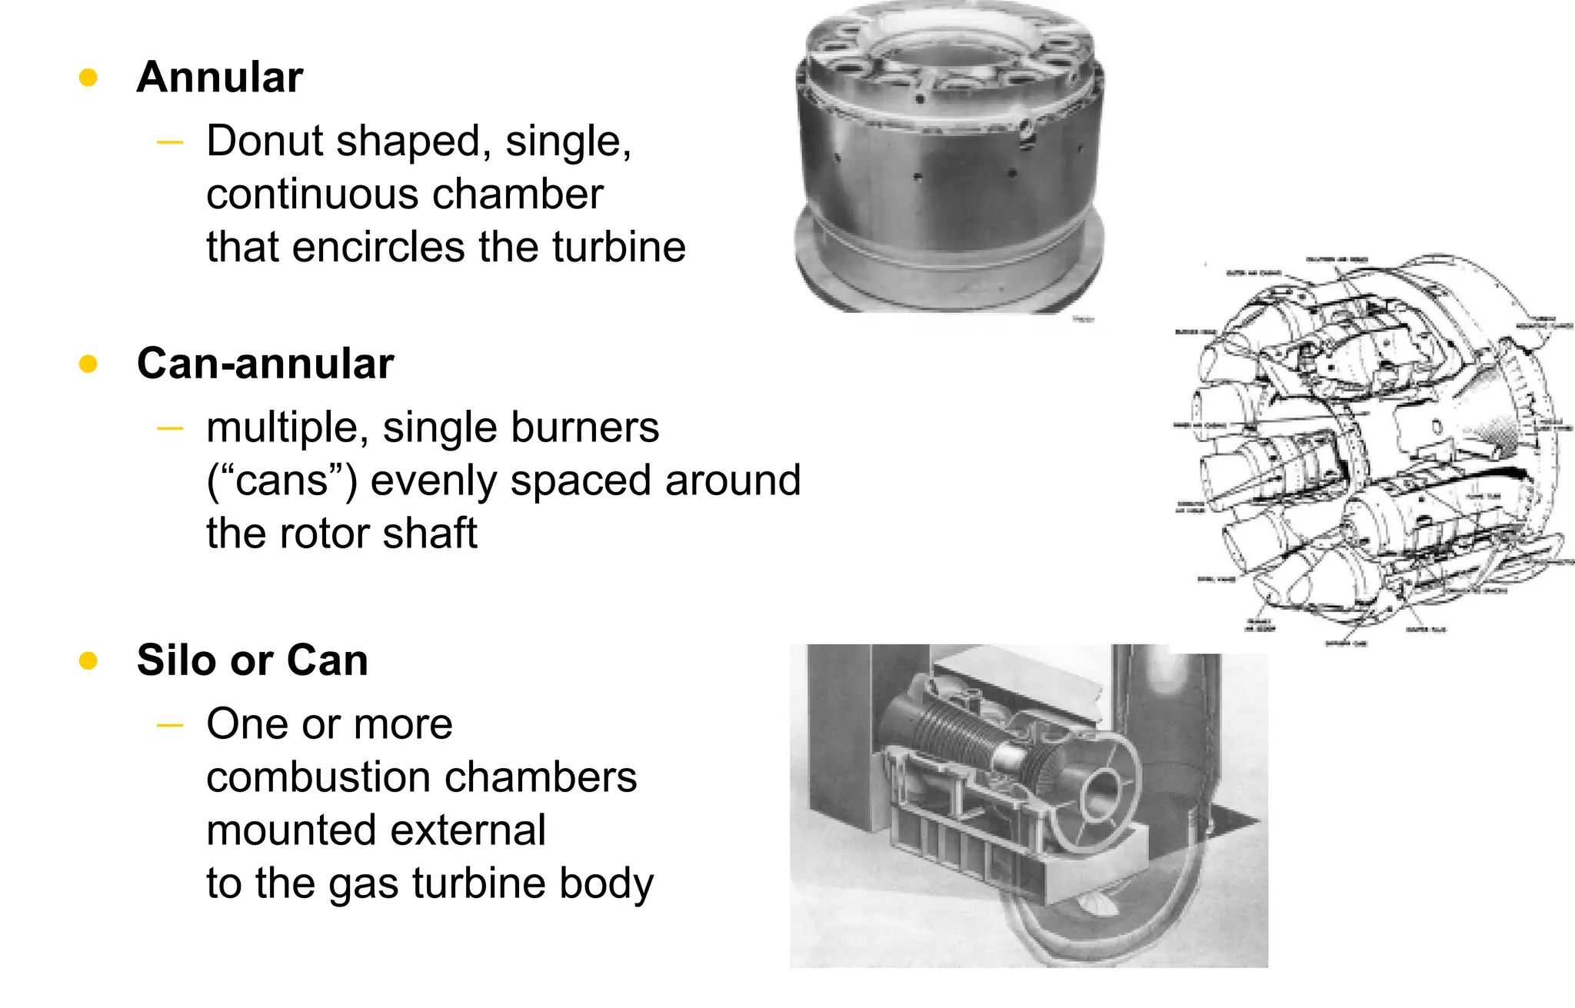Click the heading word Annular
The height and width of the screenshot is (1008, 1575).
tap(220, 78)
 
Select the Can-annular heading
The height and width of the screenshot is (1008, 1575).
tap(265, 364)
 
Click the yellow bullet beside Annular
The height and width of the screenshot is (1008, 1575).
tap(88, 78)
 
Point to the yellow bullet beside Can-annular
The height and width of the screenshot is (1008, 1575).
tap(88, 364)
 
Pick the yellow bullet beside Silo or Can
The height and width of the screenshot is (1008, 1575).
tap(88, 660)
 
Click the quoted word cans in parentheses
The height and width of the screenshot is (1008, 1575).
tap(281, 481)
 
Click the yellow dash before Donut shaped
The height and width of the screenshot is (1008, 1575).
tap(169, 142)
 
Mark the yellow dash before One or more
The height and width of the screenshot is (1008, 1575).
tap(169, 725)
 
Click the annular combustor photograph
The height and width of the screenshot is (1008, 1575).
tap(950, 161)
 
